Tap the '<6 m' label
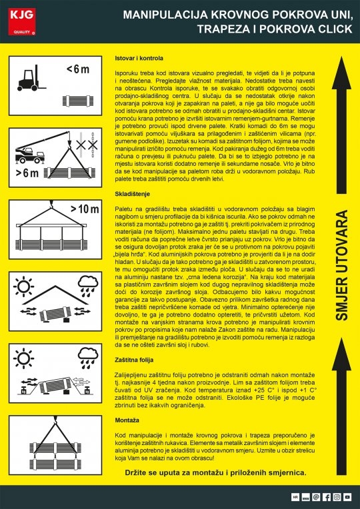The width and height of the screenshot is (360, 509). [x=77, y=69]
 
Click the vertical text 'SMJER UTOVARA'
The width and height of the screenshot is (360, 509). [x=342, y=266]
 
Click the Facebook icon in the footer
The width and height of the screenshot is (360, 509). [x=327, y=497]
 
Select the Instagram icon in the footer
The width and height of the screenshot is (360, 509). [x=337, y=497]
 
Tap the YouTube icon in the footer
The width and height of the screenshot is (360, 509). [x=348, y=497]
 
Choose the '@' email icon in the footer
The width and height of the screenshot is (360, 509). [x=316, y=497]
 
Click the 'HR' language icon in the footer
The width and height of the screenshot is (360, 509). [x=295, y=497]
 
